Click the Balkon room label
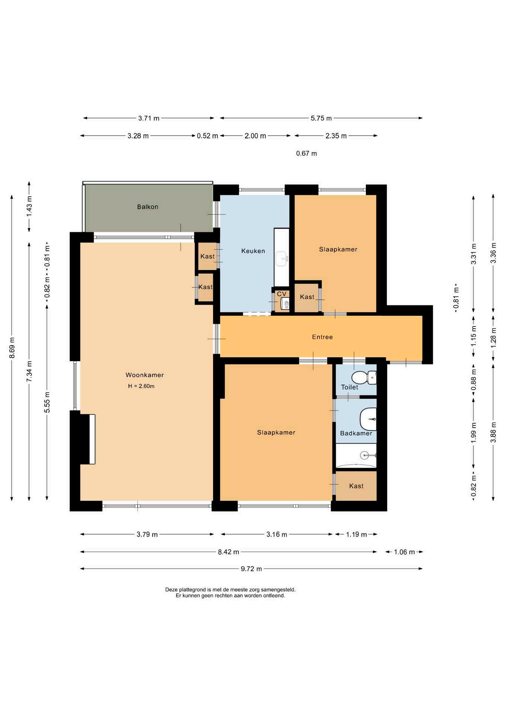[148, 207]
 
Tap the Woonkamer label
[145, 375]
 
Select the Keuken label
[253, 251]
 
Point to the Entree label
[322, 337]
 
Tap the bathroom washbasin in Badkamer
[368, 419]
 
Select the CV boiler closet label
[282, 294]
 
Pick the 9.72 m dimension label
[251, 569]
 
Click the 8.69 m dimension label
[12, 348]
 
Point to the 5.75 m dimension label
[321, 118]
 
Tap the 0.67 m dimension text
[306, 153]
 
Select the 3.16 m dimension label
[277, 534]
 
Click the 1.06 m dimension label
[404, 552]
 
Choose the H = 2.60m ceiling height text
[141, 386]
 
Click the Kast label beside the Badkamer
[356, 486]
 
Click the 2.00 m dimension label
[255, 136]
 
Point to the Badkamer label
[356, 433]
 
